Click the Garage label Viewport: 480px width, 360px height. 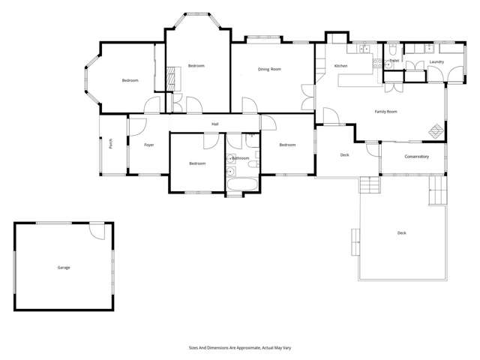tap(63, 267)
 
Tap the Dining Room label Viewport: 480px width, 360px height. tap(269, 69)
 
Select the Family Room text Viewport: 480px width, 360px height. tap(385, 111)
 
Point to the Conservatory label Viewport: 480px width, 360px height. tap(416, 157)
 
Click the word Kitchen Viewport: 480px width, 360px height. tap(341, 67)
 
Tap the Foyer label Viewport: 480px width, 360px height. tap(149, 144)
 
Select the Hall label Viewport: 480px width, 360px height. tap(215, 124)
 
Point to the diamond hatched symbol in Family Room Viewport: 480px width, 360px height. tap(435, 130)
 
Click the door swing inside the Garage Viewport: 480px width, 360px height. tap(97, 232)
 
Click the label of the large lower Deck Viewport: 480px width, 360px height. tap(402, 233)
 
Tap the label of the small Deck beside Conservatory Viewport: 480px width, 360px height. tap(344, 154)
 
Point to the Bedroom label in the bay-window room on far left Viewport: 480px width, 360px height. tap(130, 80)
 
